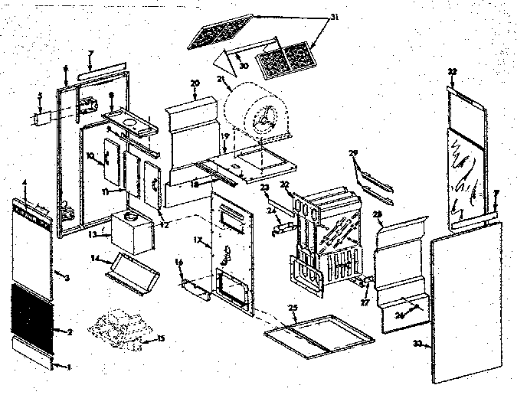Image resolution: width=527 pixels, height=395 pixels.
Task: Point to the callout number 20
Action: (195, 83)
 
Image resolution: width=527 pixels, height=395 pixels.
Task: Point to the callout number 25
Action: (293, 308)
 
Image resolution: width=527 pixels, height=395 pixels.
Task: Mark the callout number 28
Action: (377, 213)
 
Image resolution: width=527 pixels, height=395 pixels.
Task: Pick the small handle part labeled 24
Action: (281, 224)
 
